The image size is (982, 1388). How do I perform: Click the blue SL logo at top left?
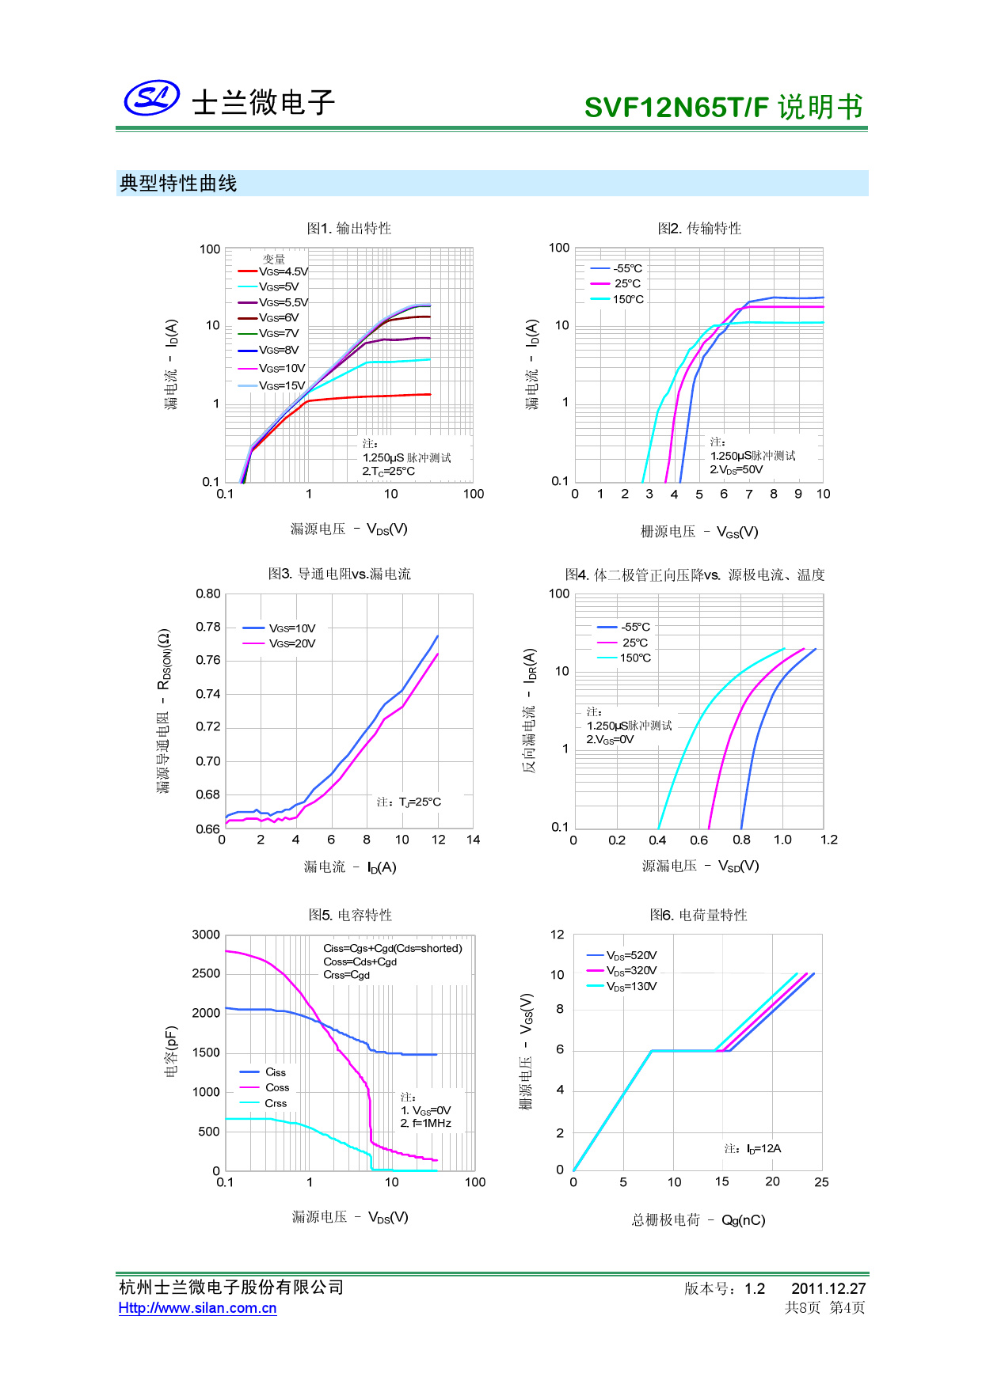[x=151, y=98]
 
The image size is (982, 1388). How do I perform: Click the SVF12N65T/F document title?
[x=723, y=107]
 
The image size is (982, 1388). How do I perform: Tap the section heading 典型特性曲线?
[x=178, y=184]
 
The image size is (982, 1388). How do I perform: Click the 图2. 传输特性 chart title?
[x=699, y=229]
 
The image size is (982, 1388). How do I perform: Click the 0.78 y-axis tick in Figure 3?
[x=208, y=627]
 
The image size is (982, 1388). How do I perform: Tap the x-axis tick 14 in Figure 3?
[x=473, y=840]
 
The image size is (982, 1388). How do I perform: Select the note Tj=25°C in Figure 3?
[x=409, y=802]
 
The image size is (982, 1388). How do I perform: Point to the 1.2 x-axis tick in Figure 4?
[x=828, y=840]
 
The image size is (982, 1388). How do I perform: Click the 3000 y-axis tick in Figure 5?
[x=206, y=935]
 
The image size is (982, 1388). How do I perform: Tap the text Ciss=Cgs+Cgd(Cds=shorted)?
[x=393, y=948]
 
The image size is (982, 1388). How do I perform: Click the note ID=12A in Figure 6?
[x=753, y=1148]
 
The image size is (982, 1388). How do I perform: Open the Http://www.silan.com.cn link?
[x=197, y=1308]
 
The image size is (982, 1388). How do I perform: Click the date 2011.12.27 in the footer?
[x=828, y=1288]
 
